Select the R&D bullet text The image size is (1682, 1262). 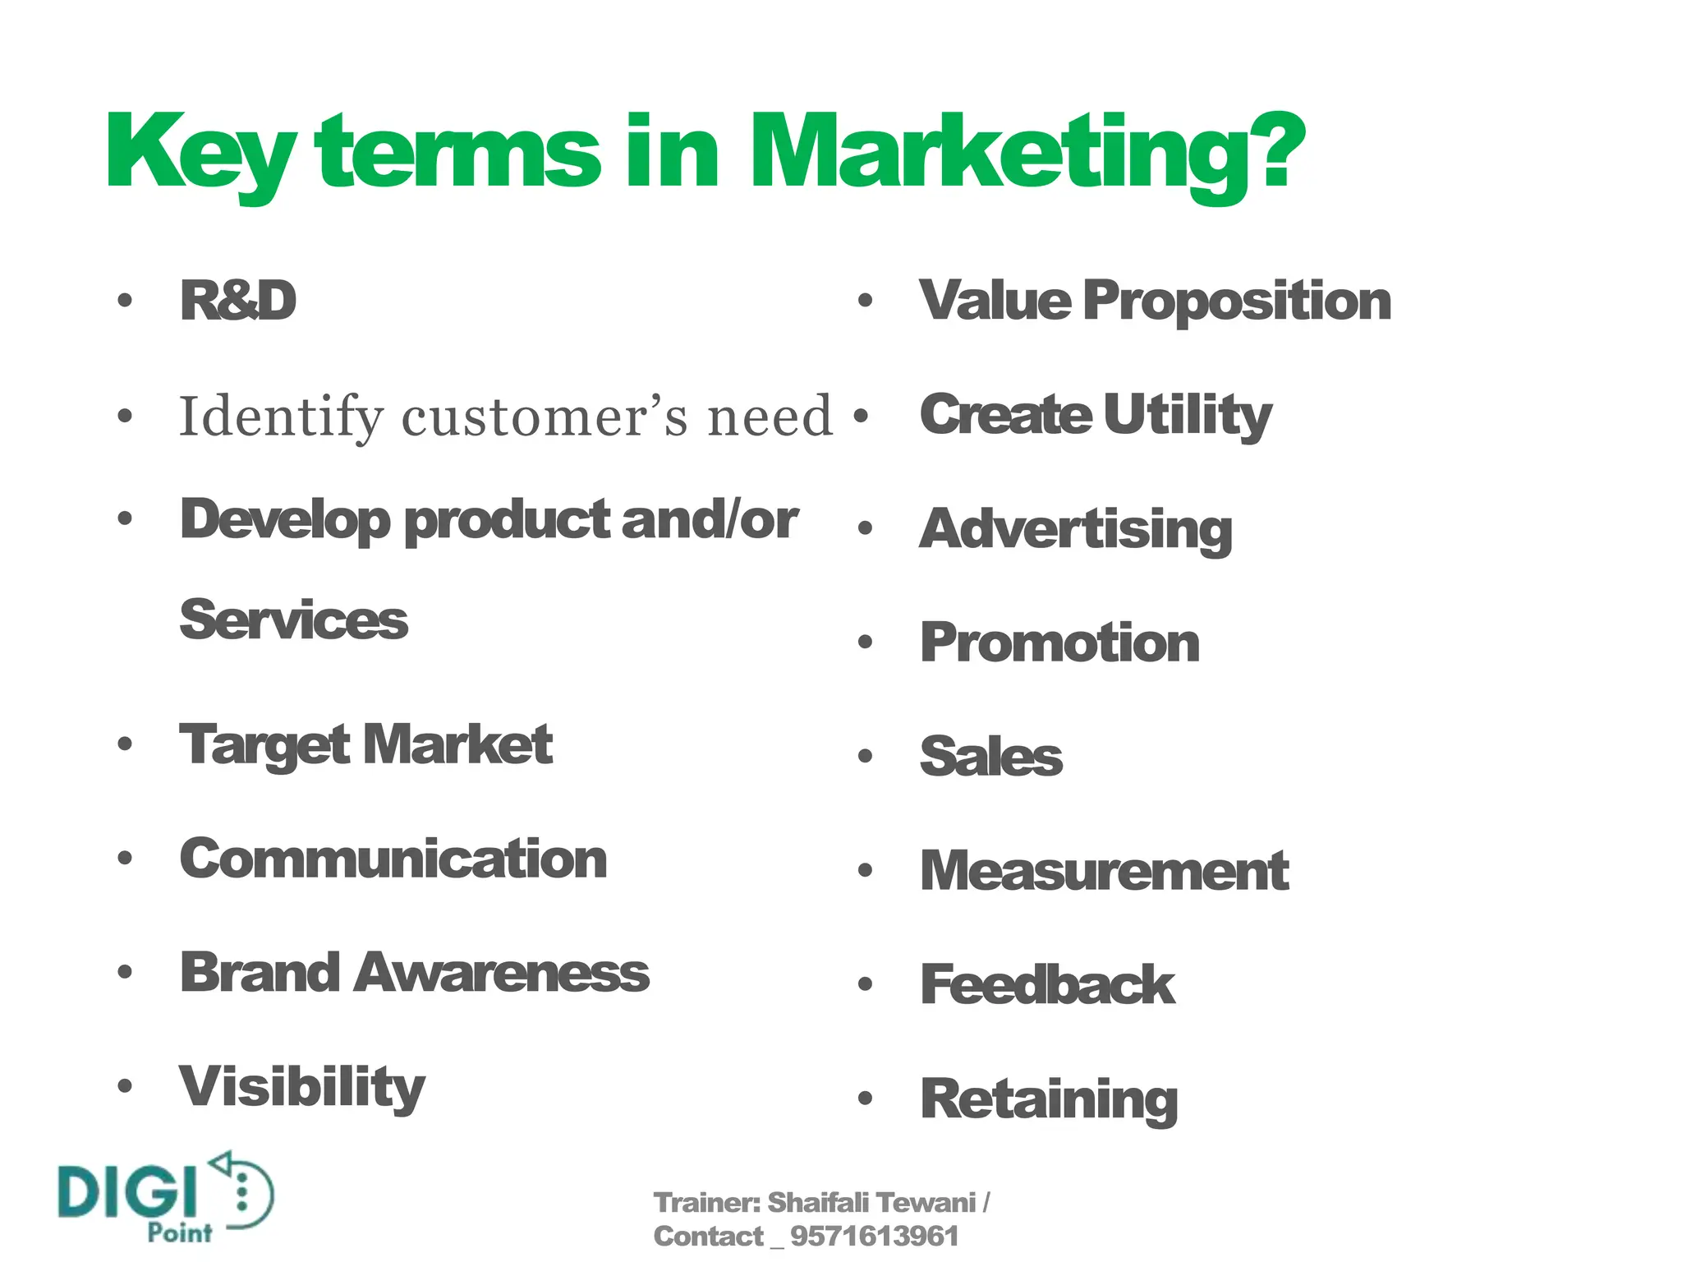click(238, 301)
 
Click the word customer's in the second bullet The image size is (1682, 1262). click(547, 417)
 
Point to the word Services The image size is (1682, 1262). click(293, 620)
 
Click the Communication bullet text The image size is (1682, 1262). click(393, 859)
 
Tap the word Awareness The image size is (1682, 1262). click(503, 973)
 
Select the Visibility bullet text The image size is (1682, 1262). click(302, 1087)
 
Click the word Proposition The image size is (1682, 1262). click(1237, 301)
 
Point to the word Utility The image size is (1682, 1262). click(1188, 415)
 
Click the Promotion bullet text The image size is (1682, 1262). click(1059, 643)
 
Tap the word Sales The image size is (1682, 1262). click(990, 757)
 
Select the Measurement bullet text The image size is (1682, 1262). click(1104, 871)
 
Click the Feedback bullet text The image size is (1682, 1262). click(1047, 984)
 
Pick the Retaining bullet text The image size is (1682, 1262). click(1049, 1098)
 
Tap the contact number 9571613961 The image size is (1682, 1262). click(874, 1237)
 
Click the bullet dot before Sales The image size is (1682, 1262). click(864, 757)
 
